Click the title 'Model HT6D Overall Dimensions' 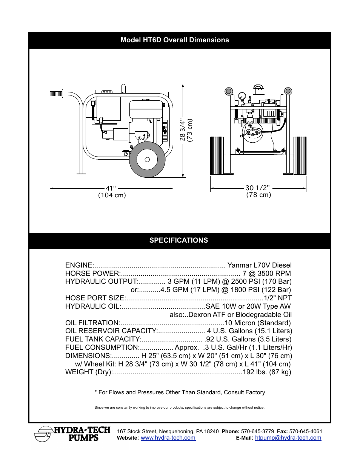tap(175, 40)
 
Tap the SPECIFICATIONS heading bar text tap(178, 240)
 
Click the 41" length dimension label tap(111, 188)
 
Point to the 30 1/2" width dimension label tap(258, 188)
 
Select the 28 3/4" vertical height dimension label tap(183, 130)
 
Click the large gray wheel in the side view tap(147, 160)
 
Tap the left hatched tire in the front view tap(217, 155)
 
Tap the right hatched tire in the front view tap(300, 155)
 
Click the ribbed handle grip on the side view tap(56, 94)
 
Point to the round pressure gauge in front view tap(242, 96)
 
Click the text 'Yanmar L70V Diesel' tap(259, 265)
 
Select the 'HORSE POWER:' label tap(92, 274)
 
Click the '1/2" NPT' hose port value tap(278, 298)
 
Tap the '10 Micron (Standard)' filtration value tap(258, 323)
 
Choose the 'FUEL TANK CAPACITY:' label tap(103, 339)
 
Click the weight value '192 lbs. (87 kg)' tap(267, 372)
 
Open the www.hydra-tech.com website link tap(168, 438)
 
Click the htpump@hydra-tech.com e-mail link tap(288, 438)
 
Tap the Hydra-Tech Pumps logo tap(72, 434)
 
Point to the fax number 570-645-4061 tap(306, 431)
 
